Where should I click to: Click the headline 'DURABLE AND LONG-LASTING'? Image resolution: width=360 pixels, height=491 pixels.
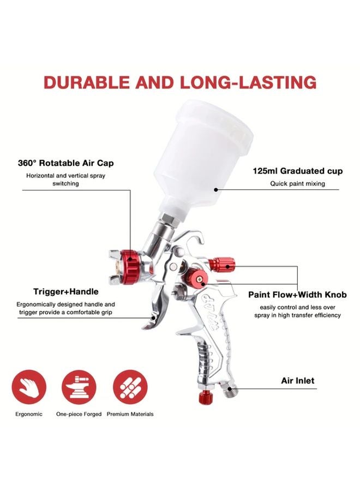point(180,82)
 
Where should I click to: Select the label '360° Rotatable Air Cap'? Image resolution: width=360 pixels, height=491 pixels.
point(74,163)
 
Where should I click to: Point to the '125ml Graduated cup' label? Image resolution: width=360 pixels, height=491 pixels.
point(298,171)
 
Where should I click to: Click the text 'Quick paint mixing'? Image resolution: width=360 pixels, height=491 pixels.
point(298,184)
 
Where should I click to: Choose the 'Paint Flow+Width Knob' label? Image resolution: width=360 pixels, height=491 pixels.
point(297,295)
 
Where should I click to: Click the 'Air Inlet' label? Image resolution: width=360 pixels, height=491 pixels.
point(298,380)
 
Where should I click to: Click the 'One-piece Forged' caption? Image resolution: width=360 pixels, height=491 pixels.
point(79,414)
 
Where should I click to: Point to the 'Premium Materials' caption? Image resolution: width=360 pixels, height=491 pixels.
point(130,414)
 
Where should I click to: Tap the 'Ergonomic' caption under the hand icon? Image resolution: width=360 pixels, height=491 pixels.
point(28,414)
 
